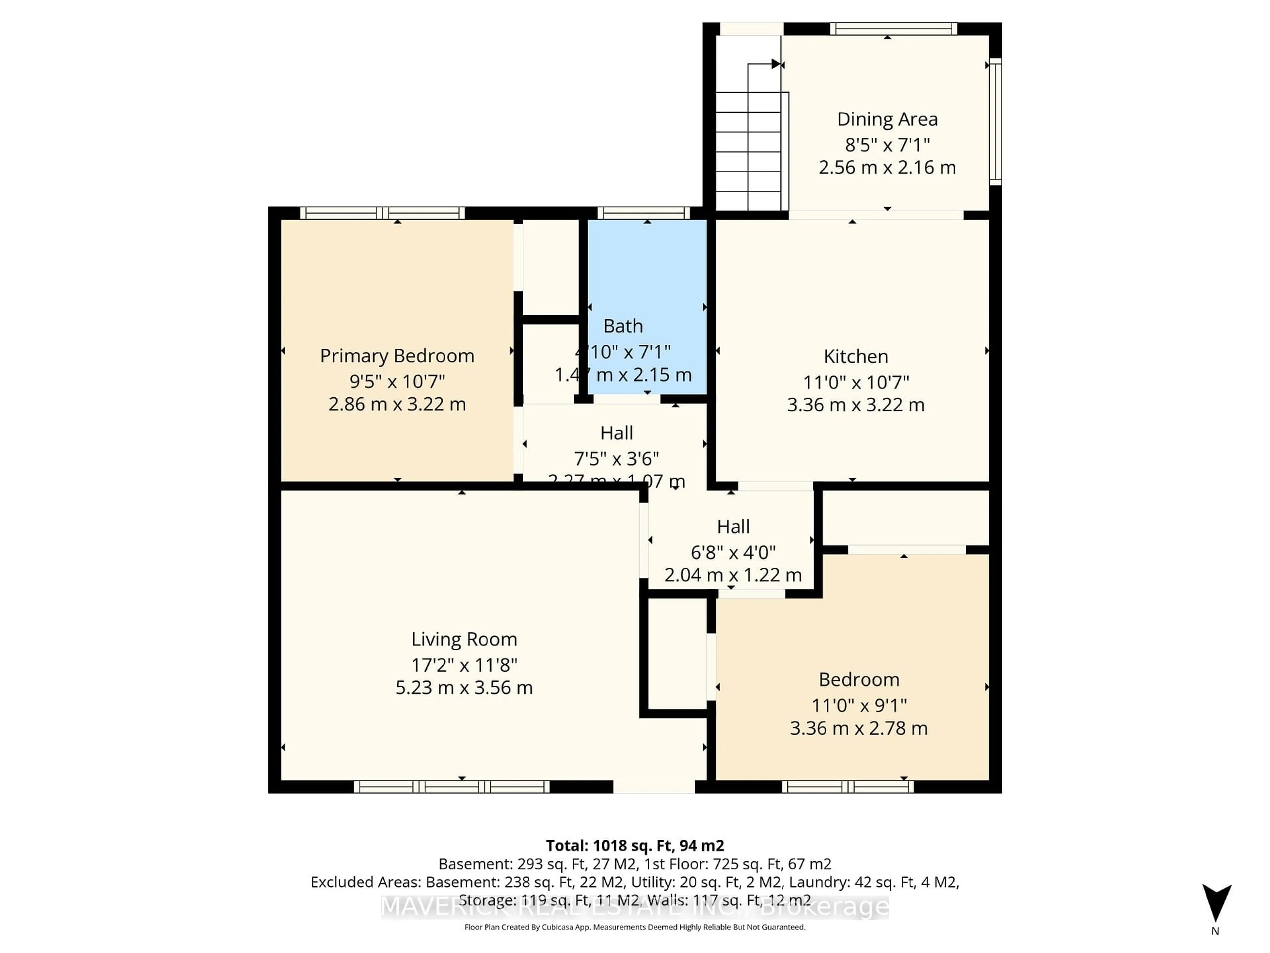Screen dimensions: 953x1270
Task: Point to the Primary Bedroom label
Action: tap(397, 356)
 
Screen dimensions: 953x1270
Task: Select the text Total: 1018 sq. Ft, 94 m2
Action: tap(634, 845)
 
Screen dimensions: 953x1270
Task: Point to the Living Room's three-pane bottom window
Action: tap(451, 787)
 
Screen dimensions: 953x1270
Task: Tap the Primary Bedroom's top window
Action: tap(382, 213)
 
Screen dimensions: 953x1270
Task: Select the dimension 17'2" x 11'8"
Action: tap(464, 665)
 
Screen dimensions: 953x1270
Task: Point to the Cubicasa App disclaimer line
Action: tap(634, 927)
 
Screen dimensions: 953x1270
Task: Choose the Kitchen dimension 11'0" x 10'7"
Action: tap(856, 382)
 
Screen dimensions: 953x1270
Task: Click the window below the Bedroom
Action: tap(847, 787)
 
